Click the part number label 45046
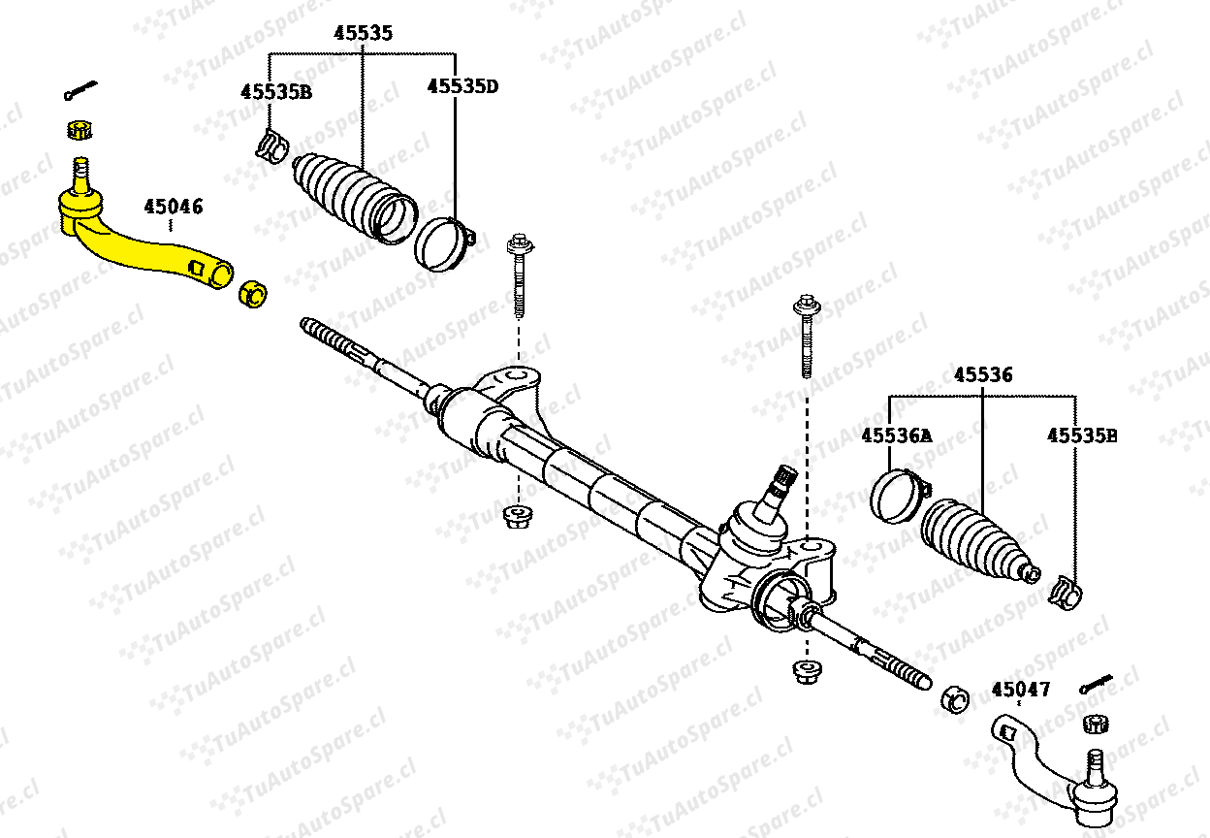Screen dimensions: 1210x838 (x=173, y=207)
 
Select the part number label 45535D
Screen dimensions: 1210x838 (x=462, y=86)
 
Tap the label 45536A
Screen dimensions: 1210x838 (x=897, y=435)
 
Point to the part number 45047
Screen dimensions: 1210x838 (x=1021, y=690)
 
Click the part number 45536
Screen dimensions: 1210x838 (x=983, y=375)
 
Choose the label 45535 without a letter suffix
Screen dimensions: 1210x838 (x=363, y=34)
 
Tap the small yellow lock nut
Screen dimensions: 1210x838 (x=252, y=295)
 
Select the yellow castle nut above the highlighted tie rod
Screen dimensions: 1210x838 (x=80, y=130)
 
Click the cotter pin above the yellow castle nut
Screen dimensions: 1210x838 (x=80, y=90)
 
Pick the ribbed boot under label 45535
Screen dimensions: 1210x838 (x=354, y=199)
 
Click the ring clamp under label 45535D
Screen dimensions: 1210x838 (x=444, y=244)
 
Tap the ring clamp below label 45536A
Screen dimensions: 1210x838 (x=899, y=496)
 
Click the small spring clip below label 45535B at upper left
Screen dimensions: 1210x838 (x=271, y=145)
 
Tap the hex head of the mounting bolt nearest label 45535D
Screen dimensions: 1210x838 (x=519, y=244)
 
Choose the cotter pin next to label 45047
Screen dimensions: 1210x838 (x=1096, y=684)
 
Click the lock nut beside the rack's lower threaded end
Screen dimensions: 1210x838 (x=955, y=699)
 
